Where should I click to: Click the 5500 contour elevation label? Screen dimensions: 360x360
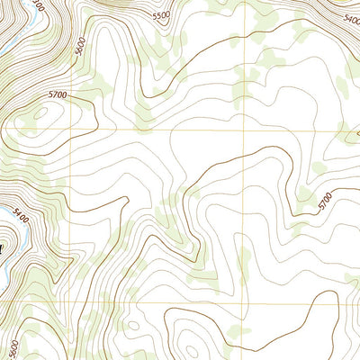pos(160,16)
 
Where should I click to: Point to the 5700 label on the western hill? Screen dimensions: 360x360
pos(58,93)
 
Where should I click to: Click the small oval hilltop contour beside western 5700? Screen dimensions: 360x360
pos(41,113)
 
